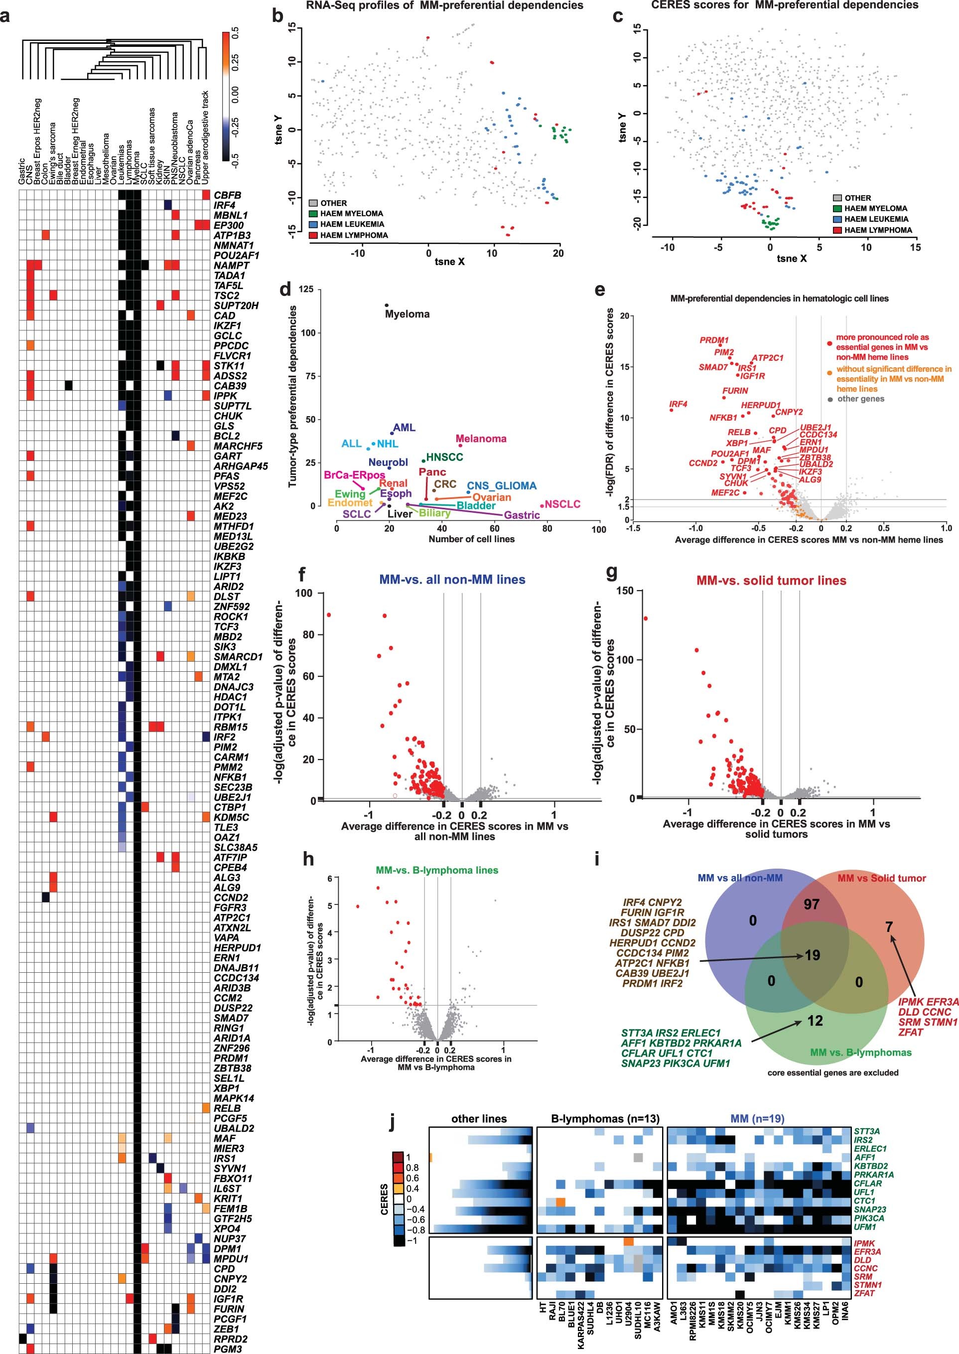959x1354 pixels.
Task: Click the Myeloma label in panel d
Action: pos(407,314)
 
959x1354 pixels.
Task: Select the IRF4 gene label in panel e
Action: pos(678,404)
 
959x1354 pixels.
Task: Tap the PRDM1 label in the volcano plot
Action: pos(714,340)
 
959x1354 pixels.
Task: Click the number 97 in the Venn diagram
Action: pos(812,904)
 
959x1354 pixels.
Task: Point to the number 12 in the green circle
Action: pos(815,1021)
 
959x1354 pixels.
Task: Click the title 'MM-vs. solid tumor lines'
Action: pos(771,581)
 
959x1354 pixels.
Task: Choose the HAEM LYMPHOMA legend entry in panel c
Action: pos(877,230)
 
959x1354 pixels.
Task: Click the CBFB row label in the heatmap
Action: pos(227,195)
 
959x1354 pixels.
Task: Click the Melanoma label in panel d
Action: pos(481,439)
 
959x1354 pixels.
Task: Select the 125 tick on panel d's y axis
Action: pos(322,289)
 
